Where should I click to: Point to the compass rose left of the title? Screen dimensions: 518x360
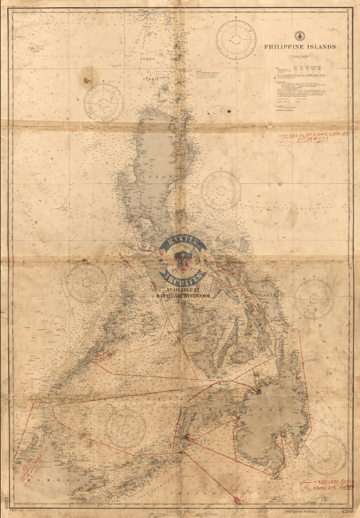click(237, 40)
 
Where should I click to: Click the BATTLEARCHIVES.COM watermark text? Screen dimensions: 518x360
click(182, 297)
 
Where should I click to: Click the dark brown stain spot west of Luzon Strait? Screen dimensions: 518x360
click(86, 79)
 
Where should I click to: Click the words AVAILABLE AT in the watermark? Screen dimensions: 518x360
click(182, 290)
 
